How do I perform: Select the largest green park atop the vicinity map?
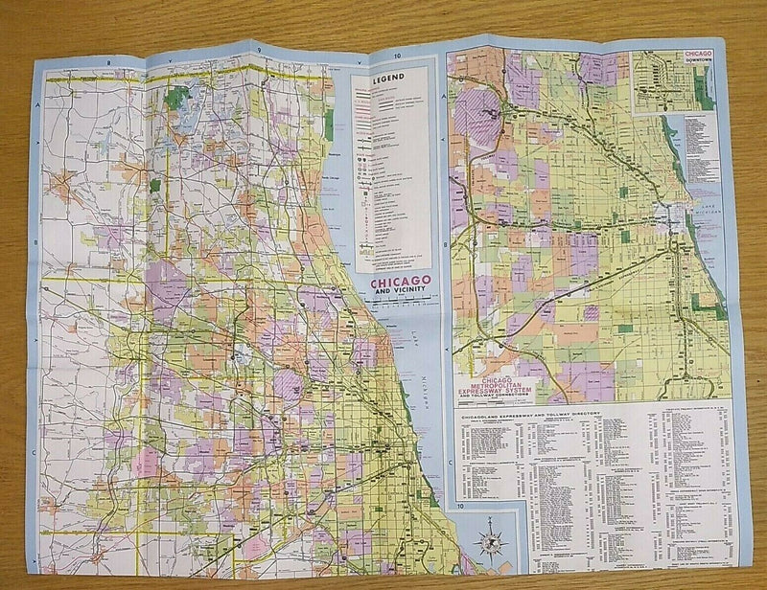click(x=178, y=97)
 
